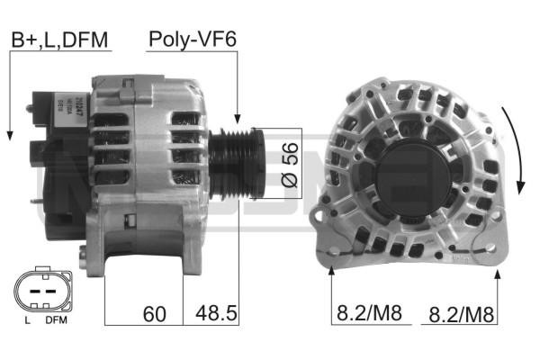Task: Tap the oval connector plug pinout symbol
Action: (x=39, y=292)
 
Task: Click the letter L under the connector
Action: (x=28, y=321)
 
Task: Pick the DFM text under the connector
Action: (x=55, y=321)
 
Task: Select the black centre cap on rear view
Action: (x=407, y=172)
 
